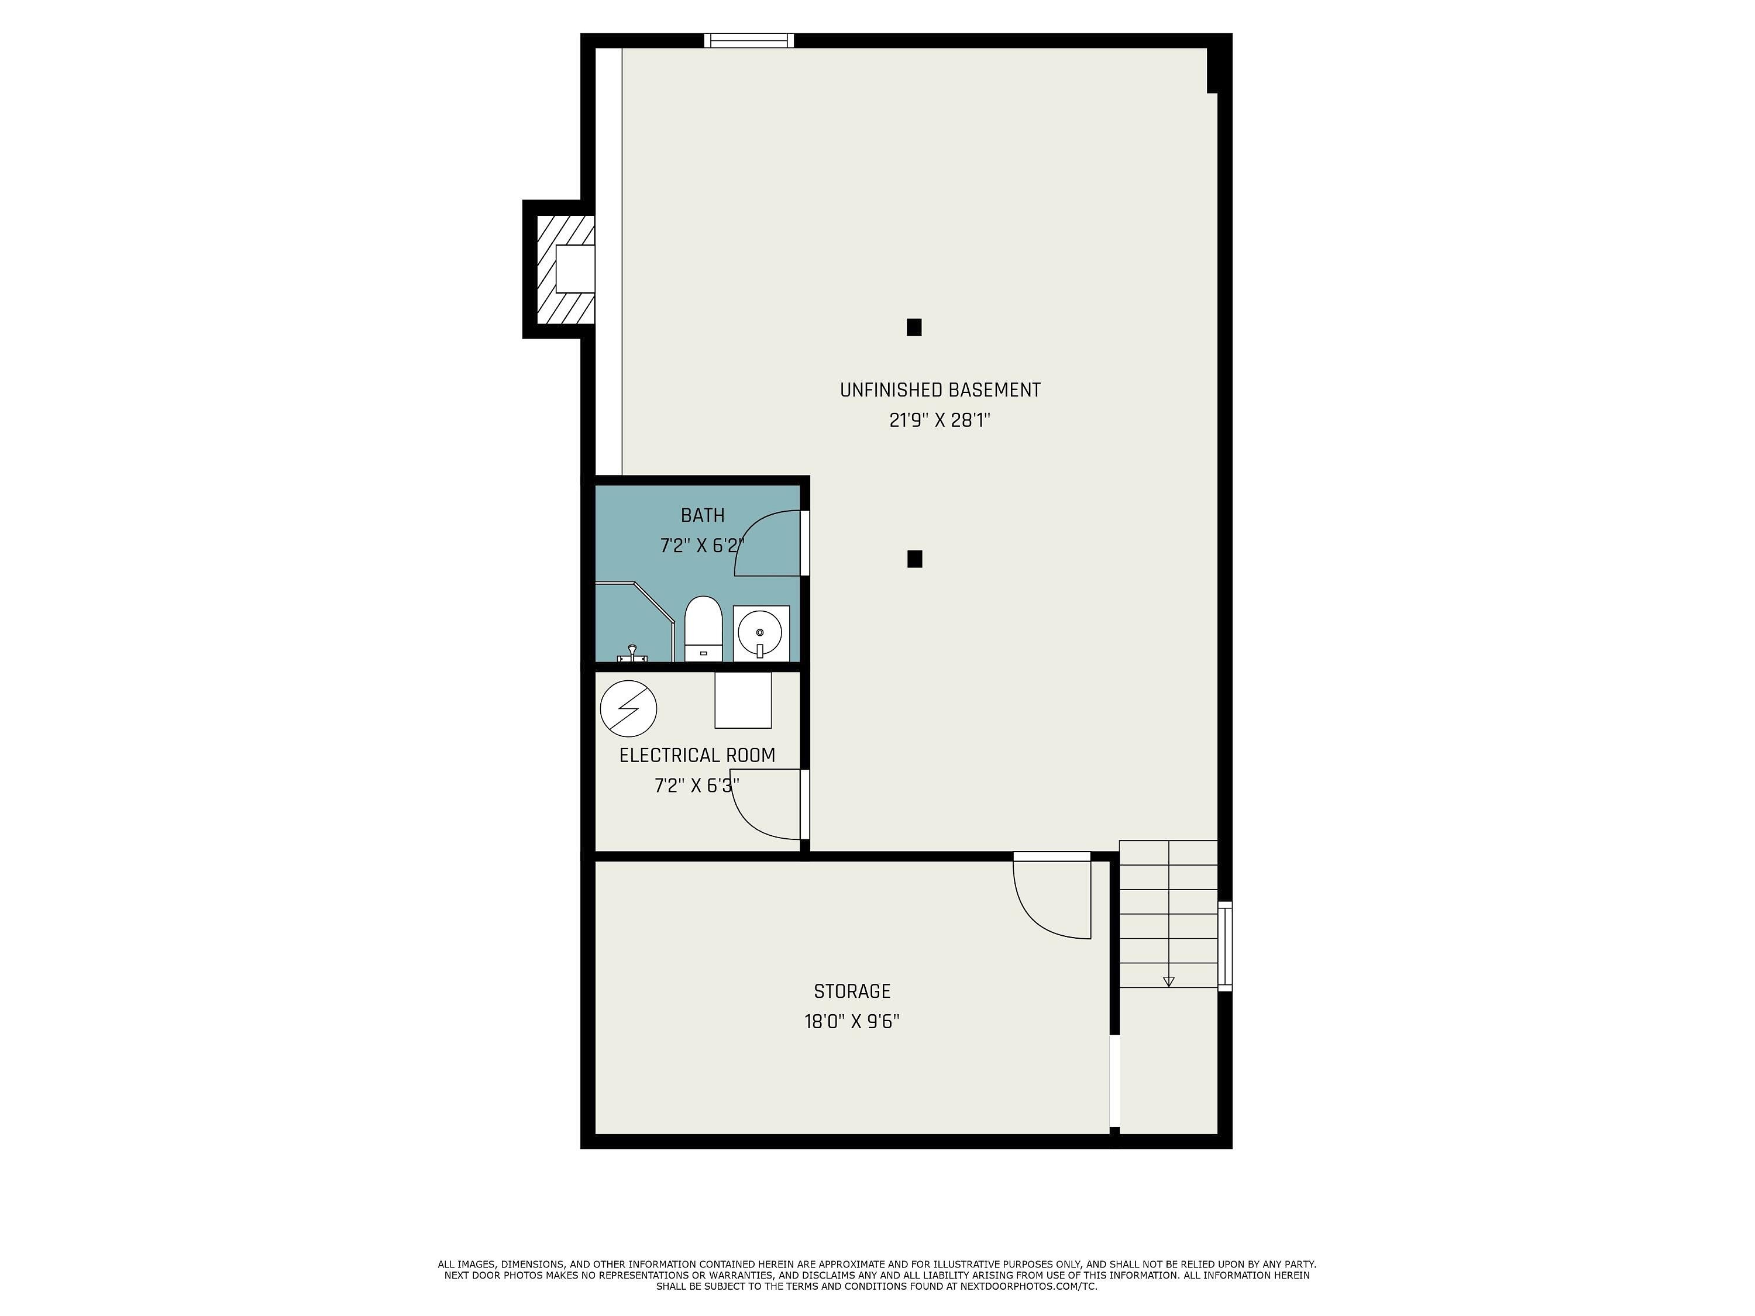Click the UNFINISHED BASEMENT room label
pyautogui.click(x=940, y=390)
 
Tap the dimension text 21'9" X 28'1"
pyautogui.click(x=940, y=421)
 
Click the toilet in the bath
pyautogui.click(x=703, y=629)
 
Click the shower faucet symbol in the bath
pyautogui.click(x=632, y=654)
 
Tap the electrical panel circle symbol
pyautogui.click(x=628, y=708)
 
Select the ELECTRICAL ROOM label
pyautogui.click(x=697, y=756)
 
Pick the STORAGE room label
pyautogui.click(x=852, y=991)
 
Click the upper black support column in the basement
pyautogui.click(x=914, y=328)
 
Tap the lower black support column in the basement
pyautogui.click(x=915, y=559)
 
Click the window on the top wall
pyautogui.click(x=749, y=40)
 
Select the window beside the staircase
pyautogui.click(x=1225, y=946)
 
